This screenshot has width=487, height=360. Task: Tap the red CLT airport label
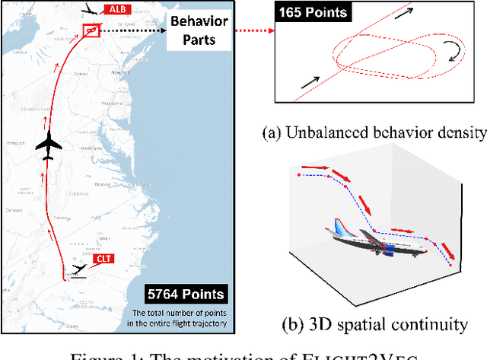(x=103, y=260)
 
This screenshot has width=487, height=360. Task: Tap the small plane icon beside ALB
(x=93, y=10)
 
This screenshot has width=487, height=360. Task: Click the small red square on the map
(x=91, y=31)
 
